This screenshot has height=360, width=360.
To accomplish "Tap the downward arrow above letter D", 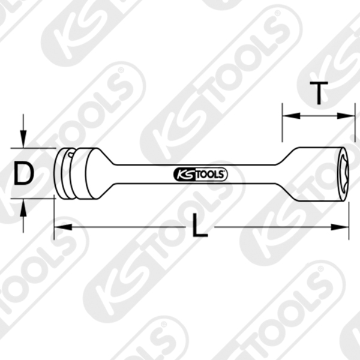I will click(x=23, y=139).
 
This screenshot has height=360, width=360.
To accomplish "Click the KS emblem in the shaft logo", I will click(x=182, y=175).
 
